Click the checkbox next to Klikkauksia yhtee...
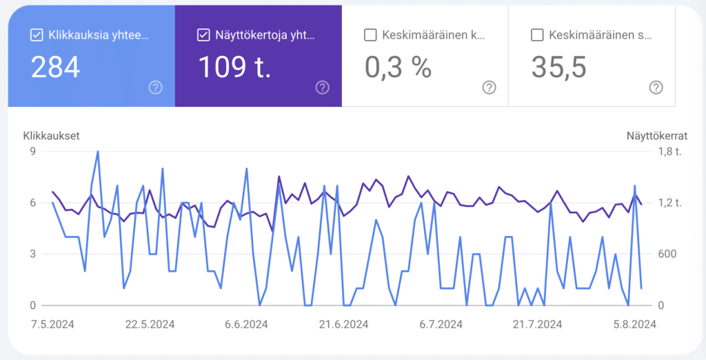click(37, 34)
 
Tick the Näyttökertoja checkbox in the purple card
click(203, 34)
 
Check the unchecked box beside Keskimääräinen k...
click(370, 34)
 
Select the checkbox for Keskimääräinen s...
click(538, 34)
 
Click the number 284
click(56, 67)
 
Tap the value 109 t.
click(234, 67)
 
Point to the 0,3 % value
click(397, 67)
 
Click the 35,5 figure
click(558, 67)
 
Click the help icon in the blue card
click(156, 87)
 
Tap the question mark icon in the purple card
click(323, 87)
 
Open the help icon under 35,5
click(656, 87)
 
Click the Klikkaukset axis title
click(51, 136)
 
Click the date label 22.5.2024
click(150, 323)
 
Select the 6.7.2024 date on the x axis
click(441, 323)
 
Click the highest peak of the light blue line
click(98, 152)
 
